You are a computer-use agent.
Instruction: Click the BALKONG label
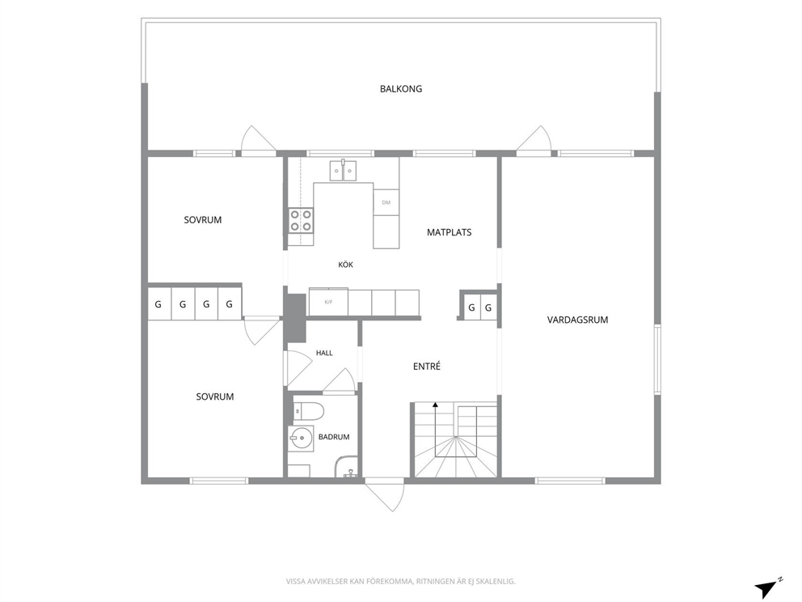point(401,89)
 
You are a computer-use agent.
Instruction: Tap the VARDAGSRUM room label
point(577,320)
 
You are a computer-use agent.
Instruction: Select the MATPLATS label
point(449,232)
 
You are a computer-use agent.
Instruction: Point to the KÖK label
point(346,265)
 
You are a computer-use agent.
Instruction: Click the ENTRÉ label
point(427,366)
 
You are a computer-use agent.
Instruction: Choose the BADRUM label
point(334,437)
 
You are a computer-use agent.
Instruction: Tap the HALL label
point(324,353)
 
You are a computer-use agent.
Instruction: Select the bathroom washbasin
point(302,439)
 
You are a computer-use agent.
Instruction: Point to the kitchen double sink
point(344,170)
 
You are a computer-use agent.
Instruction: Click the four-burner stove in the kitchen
point(301,221)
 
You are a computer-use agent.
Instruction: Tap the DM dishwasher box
point(386,202)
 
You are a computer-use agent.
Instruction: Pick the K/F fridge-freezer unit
point(328,302)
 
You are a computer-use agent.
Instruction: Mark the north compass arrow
point(766,589)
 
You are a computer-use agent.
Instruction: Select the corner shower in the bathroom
point(348,467)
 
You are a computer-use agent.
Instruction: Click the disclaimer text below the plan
point(400,581)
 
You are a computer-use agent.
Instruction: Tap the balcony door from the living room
point(534,140)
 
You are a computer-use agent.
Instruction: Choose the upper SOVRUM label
point(203,220)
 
